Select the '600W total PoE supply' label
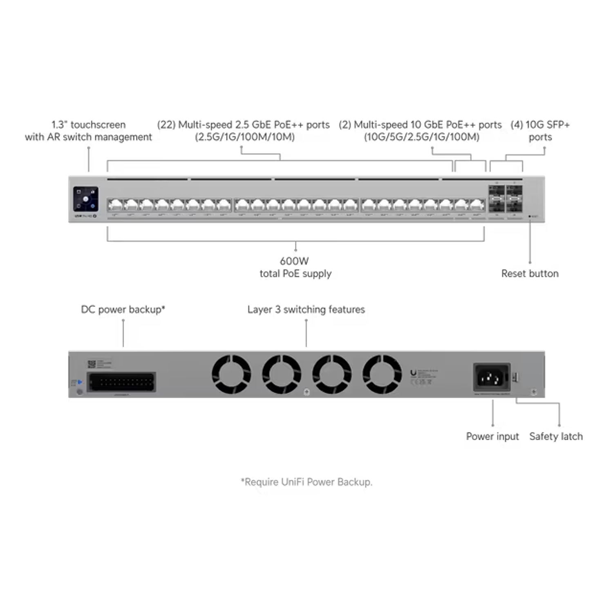[x=295, y=267]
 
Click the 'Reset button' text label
[x=530, y=273]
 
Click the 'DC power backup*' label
[x=123, y=309]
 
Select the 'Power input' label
[x=492, y=436]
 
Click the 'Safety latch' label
[x=556, y=436]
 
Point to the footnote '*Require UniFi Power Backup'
[x=306, y=482]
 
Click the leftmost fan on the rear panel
[x=231, y=374]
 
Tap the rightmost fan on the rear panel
[x=383, y=374]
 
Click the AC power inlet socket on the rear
[x=491, y=377]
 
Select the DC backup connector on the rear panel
[x=122, y=382]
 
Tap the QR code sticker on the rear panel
[x=92, y=363]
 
